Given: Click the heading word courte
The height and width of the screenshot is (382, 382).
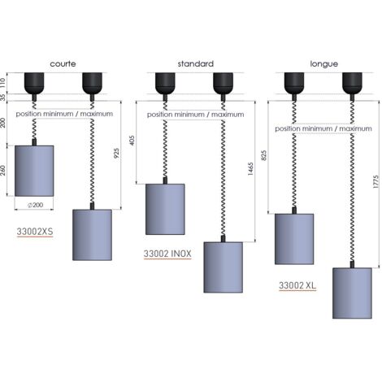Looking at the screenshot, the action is pos(63,64).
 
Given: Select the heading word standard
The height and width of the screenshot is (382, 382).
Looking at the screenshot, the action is pos(196,64).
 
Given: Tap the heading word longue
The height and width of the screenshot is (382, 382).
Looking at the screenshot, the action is pos(324,64).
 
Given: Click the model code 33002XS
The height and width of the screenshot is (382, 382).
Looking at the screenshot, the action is pos(35,232).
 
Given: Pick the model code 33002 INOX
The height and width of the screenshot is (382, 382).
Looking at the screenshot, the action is pos(167,254).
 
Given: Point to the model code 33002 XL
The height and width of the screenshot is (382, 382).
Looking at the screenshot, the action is pos(297,285).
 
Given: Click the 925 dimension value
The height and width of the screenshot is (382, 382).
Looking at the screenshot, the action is pos(116,154).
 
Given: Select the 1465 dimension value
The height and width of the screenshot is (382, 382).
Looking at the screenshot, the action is pos(250,169).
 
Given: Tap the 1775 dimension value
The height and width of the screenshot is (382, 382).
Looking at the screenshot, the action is pos(375,182).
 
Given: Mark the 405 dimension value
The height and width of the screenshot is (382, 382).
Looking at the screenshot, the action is pos(132,141).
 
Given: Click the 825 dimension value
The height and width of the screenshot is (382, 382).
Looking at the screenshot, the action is pos(264,155).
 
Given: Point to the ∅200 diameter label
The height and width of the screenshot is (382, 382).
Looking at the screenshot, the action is pos(36,205).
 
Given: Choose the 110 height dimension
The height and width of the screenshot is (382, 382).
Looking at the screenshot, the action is pos(2,82).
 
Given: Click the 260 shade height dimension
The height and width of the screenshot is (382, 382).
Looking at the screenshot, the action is pos(2,171).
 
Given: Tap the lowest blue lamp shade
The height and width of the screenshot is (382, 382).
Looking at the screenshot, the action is pos(352,293).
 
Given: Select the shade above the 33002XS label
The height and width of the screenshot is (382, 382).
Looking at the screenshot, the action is pos(34,171).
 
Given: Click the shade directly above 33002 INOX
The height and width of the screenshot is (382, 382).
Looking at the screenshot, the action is pos(165,209).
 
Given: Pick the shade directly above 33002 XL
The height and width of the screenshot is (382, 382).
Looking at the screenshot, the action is pos(294,239).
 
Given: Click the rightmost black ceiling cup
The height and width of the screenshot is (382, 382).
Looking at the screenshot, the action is pos(352,83).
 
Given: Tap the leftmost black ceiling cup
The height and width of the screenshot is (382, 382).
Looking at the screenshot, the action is pos(34,83).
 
